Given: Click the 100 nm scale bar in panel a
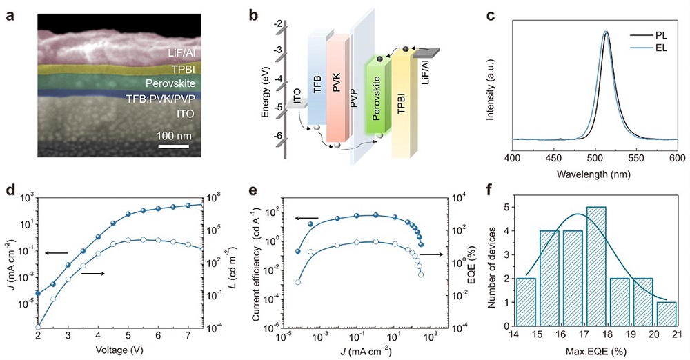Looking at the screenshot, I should pos(175,146).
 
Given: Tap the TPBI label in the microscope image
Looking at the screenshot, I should pos(184,70).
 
